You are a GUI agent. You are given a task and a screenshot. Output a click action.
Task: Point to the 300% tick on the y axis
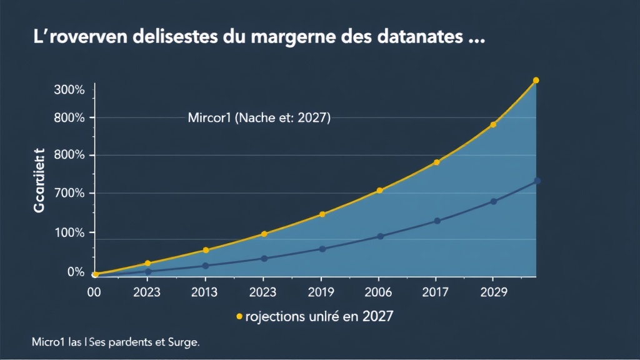(x=69, y=90)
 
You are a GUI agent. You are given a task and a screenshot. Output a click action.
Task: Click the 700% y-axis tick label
(x=69, y=193)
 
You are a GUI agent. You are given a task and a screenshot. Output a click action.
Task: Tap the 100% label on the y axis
(x=69, y=232)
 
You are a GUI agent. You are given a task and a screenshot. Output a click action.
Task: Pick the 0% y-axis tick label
(x=75, y=272)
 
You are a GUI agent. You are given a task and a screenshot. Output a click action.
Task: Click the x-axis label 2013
(x=204, y=292)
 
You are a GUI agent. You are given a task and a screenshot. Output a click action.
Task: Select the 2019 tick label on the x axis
(x=321, y=292)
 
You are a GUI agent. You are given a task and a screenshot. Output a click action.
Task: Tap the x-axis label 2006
(x=378, y=292)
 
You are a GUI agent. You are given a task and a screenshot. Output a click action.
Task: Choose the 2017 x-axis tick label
(x=436, y=292)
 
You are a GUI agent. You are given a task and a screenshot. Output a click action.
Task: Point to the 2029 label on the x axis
(x=493, y=292)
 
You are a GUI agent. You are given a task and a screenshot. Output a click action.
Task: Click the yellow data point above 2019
(x=322, y=214)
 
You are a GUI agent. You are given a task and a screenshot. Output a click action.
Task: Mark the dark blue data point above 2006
(x=380, y=236)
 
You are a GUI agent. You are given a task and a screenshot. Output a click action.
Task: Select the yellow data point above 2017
(x=437, y=162)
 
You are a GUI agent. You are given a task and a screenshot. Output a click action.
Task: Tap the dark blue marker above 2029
(x=494, y=201)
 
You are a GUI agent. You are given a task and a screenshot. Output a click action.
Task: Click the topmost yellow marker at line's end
(x=536, y=81)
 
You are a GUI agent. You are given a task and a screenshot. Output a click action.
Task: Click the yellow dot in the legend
(x=239, y=317)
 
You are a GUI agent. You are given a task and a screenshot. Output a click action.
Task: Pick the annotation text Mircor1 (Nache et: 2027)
(x=259, y=117)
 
